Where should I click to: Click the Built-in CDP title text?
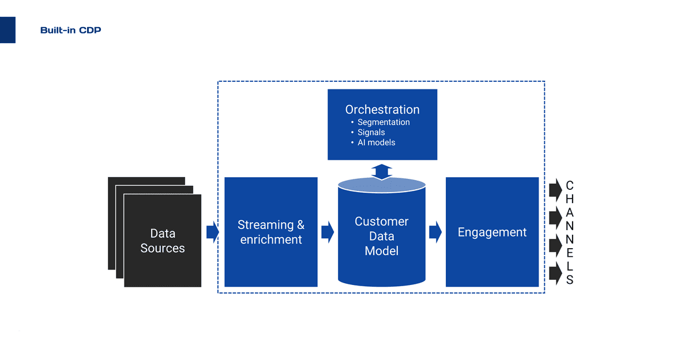70,30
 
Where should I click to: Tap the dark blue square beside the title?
7,30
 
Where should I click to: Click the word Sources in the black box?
163,249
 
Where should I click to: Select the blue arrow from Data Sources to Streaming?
213,232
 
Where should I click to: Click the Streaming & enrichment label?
271,232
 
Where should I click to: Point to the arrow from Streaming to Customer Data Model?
328,232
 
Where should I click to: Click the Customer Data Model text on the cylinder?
381,236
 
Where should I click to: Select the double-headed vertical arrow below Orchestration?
381,171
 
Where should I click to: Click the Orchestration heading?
382,110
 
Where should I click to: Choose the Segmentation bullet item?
383,122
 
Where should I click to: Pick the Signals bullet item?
371,132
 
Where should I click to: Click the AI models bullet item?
376,142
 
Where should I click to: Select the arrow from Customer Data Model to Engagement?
435,232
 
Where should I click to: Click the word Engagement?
492,232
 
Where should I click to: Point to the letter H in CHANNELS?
570,199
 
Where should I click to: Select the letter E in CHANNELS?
570,253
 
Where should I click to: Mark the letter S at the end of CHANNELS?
570,280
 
